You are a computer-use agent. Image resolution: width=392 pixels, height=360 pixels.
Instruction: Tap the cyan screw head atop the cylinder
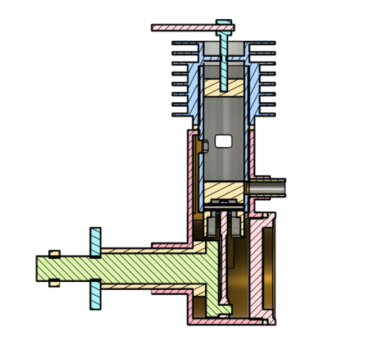[224, 24]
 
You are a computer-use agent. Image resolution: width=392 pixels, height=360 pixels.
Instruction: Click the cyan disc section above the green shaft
[96, 241]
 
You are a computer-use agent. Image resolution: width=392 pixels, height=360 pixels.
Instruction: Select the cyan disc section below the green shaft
[96, 295]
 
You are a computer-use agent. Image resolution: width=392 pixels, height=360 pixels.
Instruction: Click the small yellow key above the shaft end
[55, 253]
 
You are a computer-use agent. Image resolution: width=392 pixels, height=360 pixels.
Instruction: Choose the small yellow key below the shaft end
[55, 284]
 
